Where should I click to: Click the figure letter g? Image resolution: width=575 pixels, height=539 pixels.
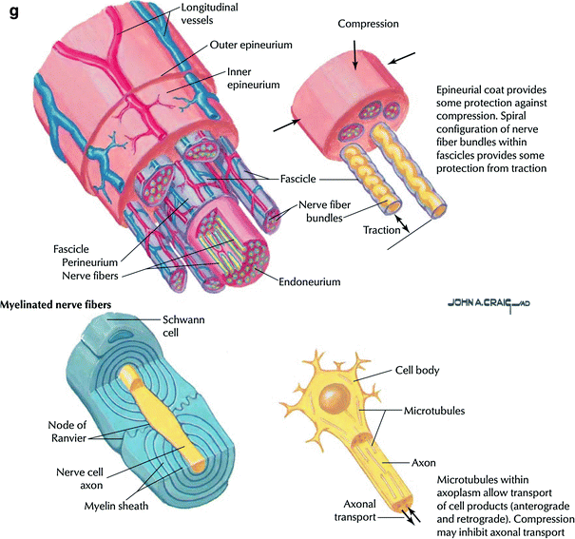tap(12, 13)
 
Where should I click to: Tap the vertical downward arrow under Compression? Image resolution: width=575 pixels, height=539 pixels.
tap(355, 56)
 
